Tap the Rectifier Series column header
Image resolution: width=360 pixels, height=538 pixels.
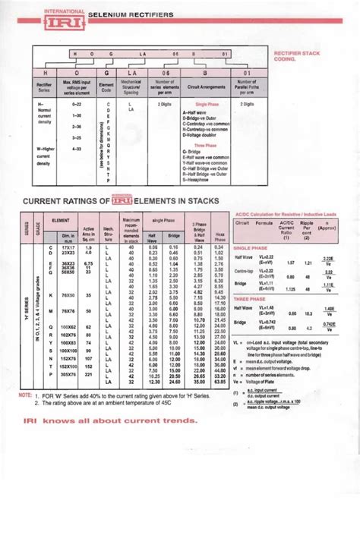[x=44, y=83]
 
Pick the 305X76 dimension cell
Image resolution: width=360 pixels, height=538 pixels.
[x=67, y=374]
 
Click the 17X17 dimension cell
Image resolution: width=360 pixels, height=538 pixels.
[x=67, y=247]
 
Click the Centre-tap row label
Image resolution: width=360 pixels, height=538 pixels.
[x=245, y=271]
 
